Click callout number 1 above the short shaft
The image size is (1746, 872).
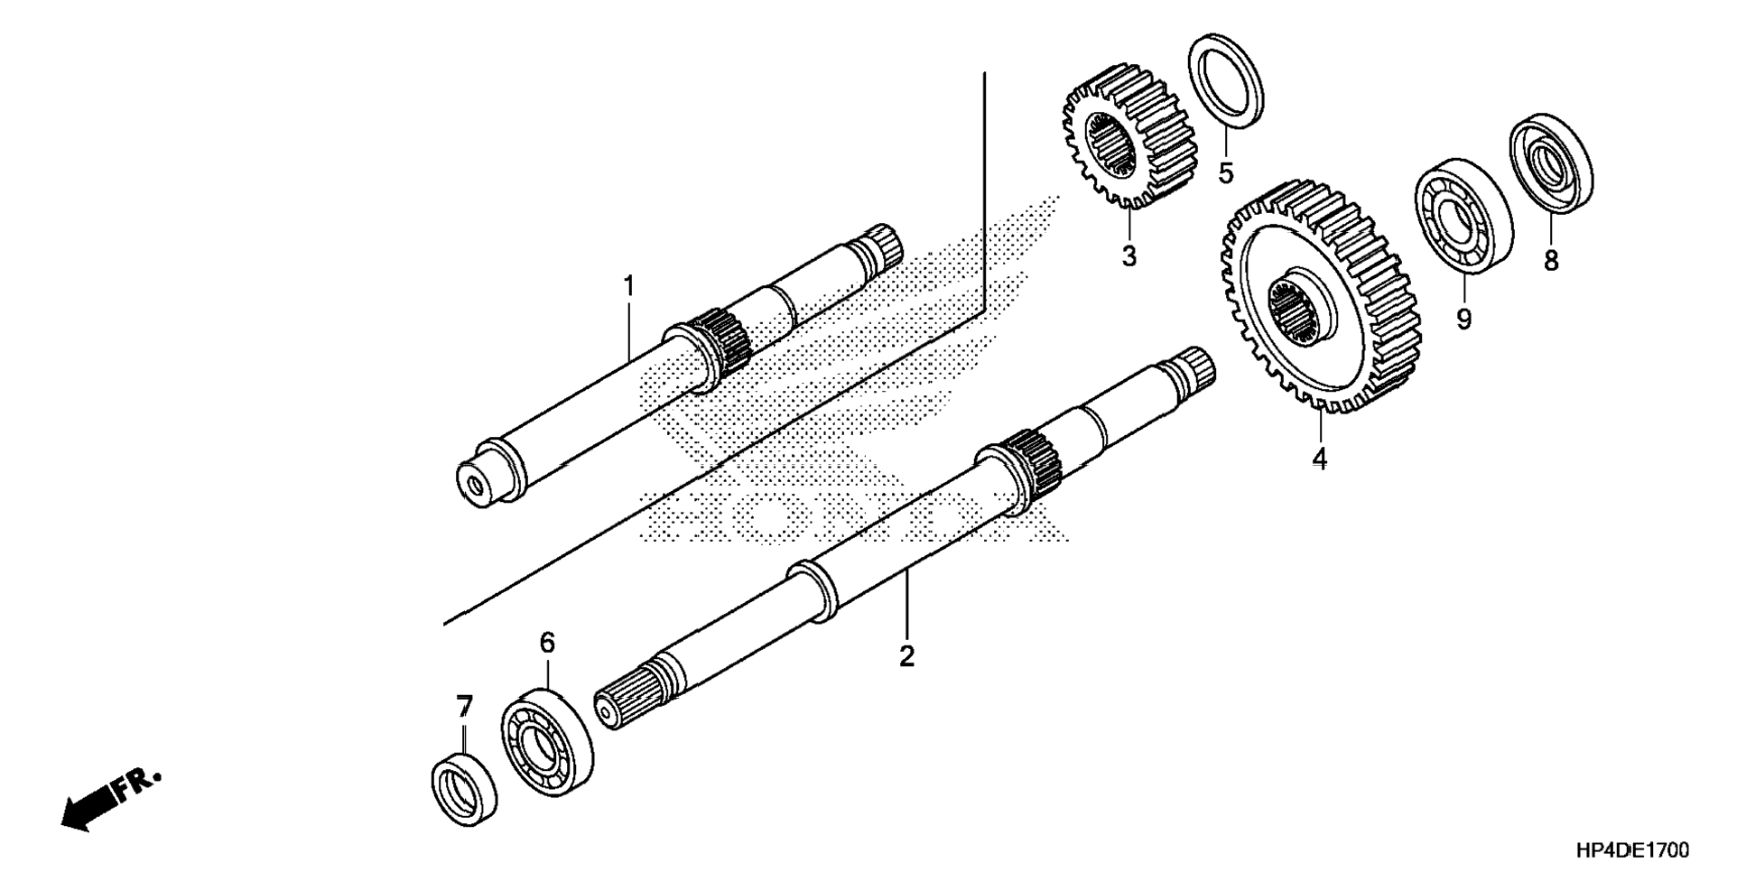[x=628, y=287]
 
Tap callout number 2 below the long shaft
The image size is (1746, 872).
[x=906, y=655]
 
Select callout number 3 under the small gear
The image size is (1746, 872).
[x=1129, y=256]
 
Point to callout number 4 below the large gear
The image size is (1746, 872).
[x=1319, y=459]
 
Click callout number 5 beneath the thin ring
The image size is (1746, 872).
[x=1225, y=172]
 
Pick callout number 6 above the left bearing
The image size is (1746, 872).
[x=547, y=643]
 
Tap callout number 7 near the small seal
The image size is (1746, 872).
[x=464, y=706]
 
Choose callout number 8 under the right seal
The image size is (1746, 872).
[x=1551, y=261]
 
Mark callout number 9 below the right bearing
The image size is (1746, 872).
[x=1463, y=319]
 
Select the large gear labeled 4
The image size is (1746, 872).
[x=1318, y=298]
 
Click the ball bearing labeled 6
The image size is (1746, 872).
[x=547, y=742]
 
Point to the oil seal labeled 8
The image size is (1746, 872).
[x=1551, y=163]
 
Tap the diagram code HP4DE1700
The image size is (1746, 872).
[x=1633, y=849]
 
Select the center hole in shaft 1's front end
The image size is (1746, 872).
[x=475, y=487]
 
